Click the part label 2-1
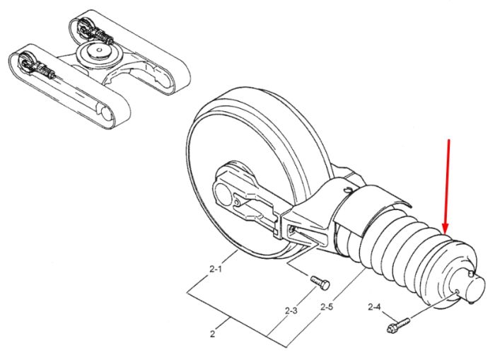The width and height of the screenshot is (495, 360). point(216,269)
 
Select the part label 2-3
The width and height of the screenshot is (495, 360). point(291,310)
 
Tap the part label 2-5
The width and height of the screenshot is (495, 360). point(327,306)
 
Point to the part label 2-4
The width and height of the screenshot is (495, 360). point(374,307)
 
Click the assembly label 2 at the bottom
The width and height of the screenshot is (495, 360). point(212,333)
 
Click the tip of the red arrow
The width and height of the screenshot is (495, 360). point(445,233)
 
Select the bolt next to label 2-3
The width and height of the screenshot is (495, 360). point(320,283)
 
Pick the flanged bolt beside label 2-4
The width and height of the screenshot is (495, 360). point(398,325)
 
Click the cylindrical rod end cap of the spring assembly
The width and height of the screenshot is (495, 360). point(474,287)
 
